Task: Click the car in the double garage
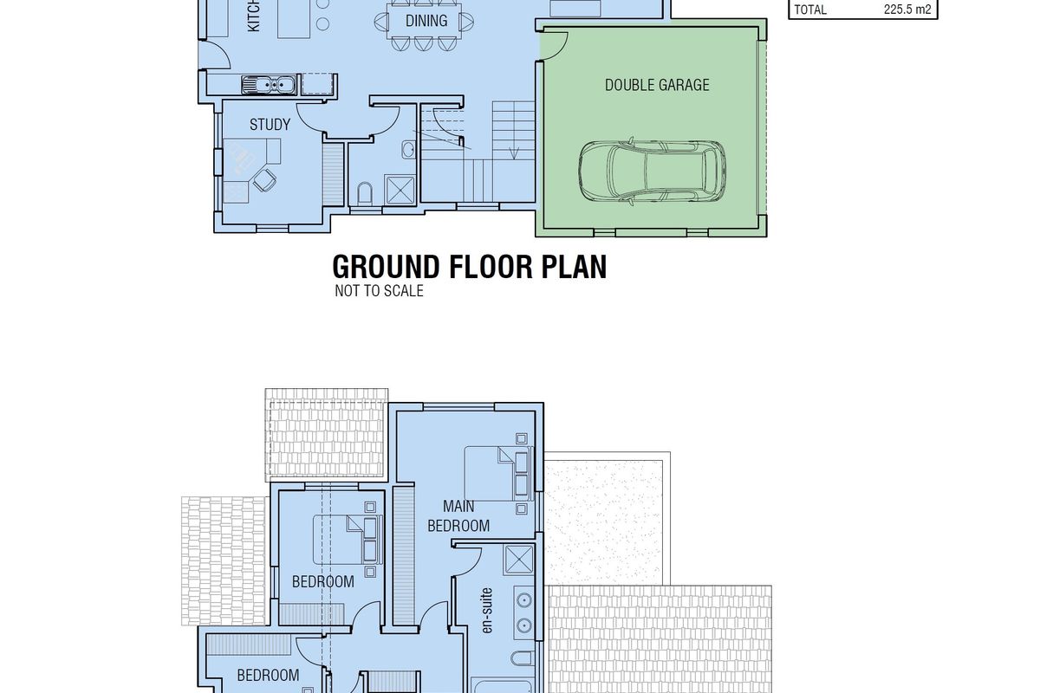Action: pyautogui.click(x=652, y=171)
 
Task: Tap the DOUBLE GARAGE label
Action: pyautogui.click(x=657, y=85)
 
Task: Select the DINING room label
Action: pyautogui.click(x=426, y=21)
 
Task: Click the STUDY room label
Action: pyautogui.click(x=270, y=125)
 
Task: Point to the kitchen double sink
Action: pyautogui.click(x=269, y=85)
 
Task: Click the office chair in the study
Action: pyautogui.click(x=264, y=179)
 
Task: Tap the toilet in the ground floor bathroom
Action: pyautogui.click(x=365, y=193)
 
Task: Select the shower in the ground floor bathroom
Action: pyautogui.click(x=400, y=190)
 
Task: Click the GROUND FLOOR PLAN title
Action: pyautogui.click(x=470, y=267)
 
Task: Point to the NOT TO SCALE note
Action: pyautogui.click(x=379, y=291)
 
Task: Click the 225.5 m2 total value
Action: pyautogui.click(x=907, y=10)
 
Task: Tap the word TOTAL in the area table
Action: pyautogui.click(x=810, y=10)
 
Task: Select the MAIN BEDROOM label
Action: pyautogui.click(x=458, y=515)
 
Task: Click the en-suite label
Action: pyautogui.click(x=486, y=611)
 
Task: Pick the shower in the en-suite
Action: pyautogui.click(x=518, y=560)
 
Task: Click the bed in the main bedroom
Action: pyautogui.click(x=499, y=474)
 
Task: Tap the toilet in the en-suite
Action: pyautogui.click(x=523, y=658)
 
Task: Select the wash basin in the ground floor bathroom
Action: pyautogui.click(x=408, y=150)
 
